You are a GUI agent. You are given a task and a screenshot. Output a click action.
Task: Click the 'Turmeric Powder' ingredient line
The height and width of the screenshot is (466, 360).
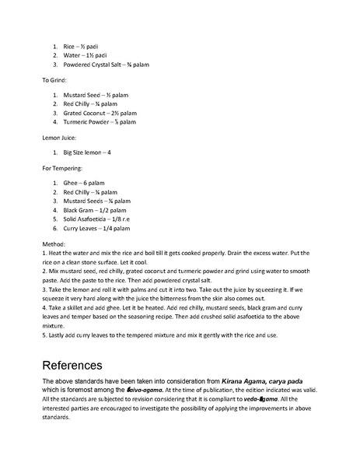(100, 122)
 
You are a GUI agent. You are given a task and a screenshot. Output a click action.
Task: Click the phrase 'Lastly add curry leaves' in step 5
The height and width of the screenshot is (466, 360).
(85, 335)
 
